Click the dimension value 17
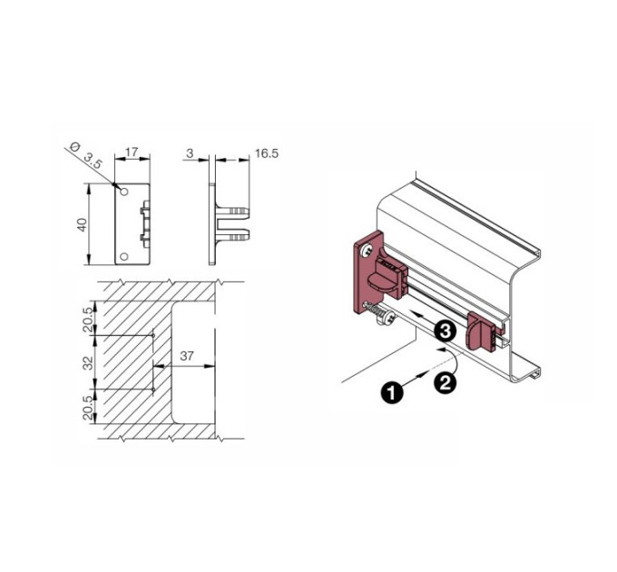[132, 152]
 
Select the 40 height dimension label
[83, 224]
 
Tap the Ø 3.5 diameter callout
[85, 155]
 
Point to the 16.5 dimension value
[267, 153]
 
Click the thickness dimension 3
[190, 153]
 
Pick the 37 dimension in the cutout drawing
[187, 356]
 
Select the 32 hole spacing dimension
[89, 362]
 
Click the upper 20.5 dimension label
[89, 320]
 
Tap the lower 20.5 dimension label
[89, 408]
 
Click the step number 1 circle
[392, 392]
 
